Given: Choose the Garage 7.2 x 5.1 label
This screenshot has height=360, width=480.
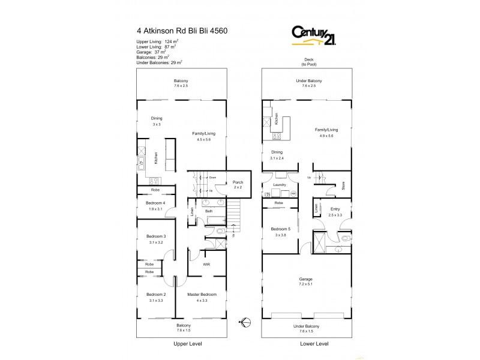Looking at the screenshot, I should click(x=306, y=279).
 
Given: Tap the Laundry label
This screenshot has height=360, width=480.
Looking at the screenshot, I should click(x=280, y=185).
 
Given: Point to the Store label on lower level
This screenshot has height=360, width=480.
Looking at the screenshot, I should click(x=343, y=186).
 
